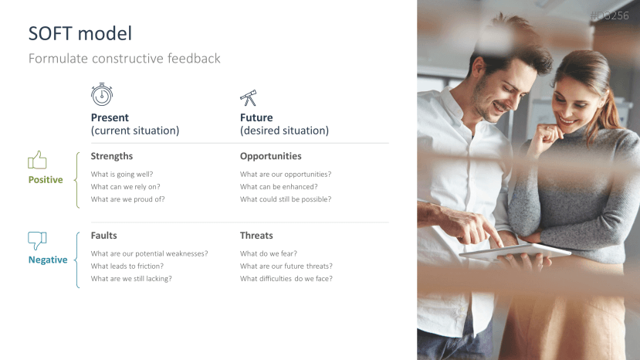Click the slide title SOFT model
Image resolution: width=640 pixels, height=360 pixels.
point(80,33)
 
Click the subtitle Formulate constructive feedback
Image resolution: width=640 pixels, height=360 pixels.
point(124,59)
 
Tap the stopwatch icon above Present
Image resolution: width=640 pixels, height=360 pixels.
point(102,94)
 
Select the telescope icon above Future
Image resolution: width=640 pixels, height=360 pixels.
point(248,98)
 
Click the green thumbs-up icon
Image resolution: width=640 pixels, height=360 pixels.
point(37,160)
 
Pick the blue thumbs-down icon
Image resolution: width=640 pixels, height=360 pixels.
point(37,240)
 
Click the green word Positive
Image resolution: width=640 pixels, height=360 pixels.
point(46,179)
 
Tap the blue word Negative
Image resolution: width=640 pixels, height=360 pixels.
point(48,260)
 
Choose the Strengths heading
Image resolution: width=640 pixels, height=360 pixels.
point(112,156)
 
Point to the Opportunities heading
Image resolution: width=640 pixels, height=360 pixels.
point(270,156)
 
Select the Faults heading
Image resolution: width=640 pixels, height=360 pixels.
point(104,235)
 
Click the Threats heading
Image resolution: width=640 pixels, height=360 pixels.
point(256,235)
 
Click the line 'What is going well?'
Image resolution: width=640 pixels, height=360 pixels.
point(122,174)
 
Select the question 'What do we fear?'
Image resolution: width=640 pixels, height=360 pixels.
point(269,253)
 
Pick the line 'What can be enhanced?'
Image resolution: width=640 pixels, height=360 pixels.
point(279,186)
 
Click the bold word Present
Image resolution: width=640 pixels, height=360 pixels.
point(110,117)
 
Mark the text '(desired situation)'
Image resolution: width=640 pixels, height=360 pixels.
point(284,131)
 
